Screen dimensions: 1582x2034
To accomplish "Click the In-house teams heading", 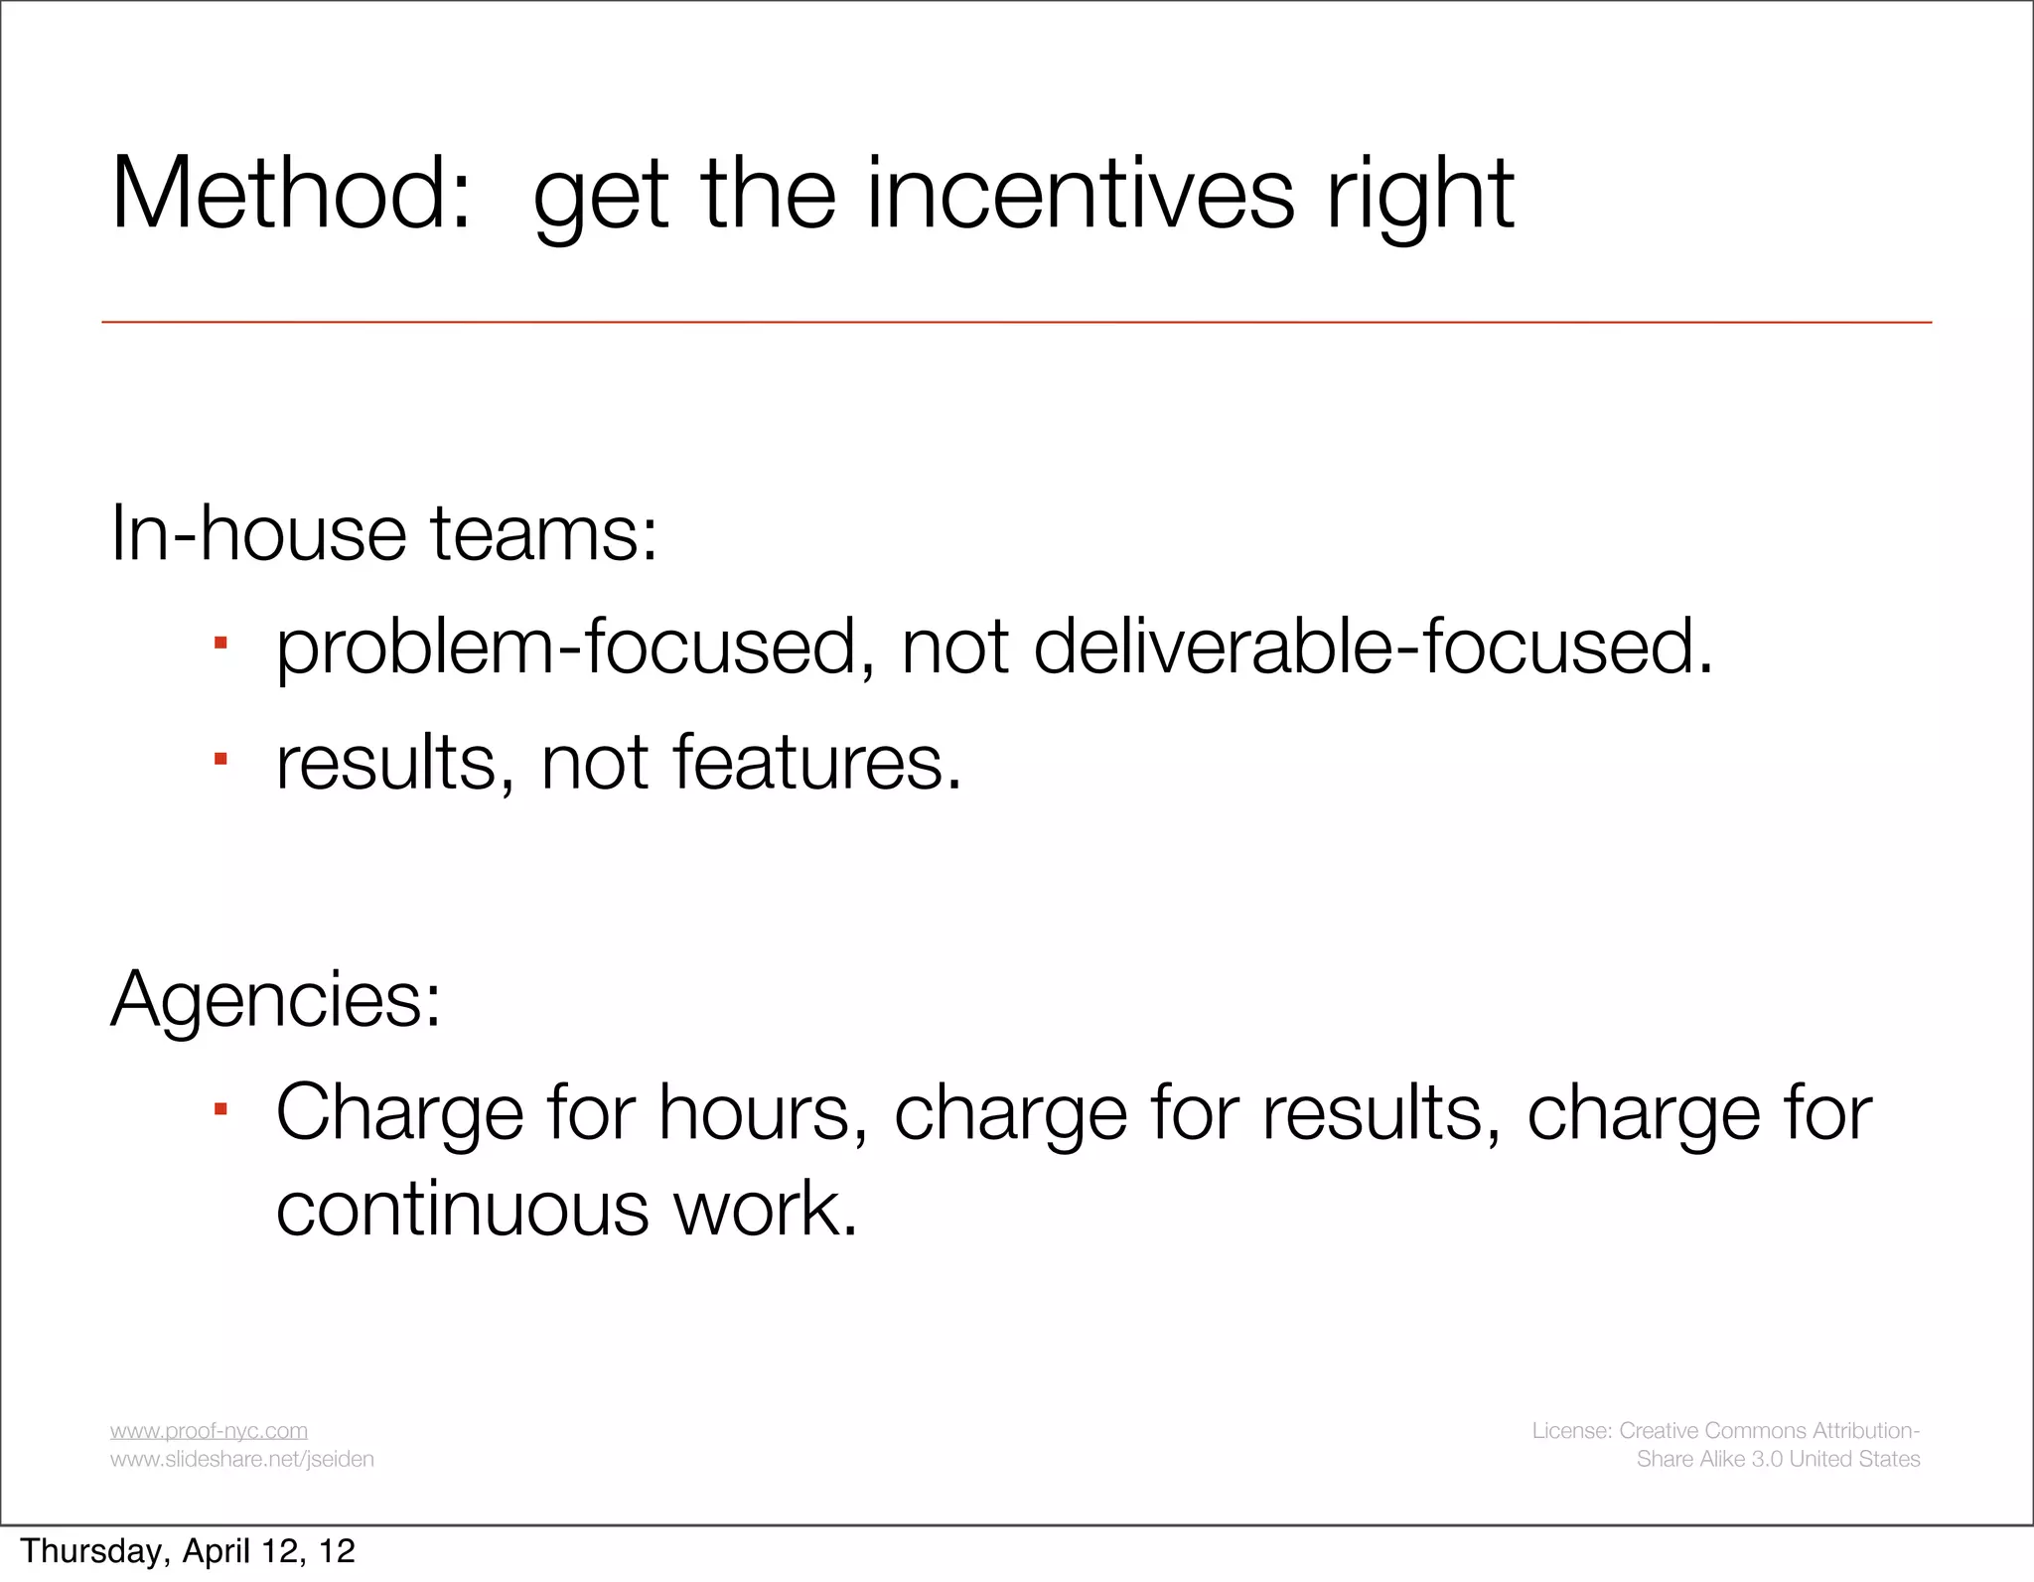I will click(383, 533).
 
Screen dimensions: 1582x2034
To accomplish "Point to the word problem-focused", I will click(566, 647).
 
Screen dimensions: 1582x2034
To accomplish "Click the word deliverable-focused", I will click(1373, 647).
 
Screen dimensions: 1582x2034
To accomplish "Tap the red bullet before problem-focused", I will click(220, 645).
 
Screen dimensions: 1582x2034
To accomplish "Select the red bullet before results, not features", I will click(220, 760).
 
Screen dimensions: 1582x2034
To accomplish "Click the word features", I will click(816, 763).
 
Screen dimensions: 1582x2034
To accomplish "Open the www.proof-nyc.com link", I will click(209, 1430).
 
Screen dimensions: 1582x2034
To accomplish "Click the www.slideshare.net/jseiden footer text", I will click(241, 1459).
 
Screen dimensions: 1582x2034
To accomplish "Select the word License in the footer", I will click(1571, 1430).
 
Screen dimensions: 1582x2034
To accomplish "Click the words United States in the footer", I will click(1854, 1459).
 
